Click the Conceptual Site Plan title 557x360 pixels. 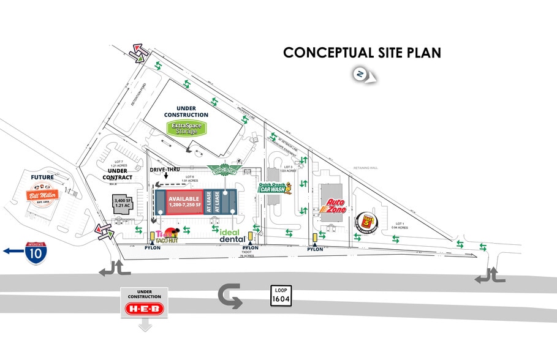[x=362, y=53]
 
